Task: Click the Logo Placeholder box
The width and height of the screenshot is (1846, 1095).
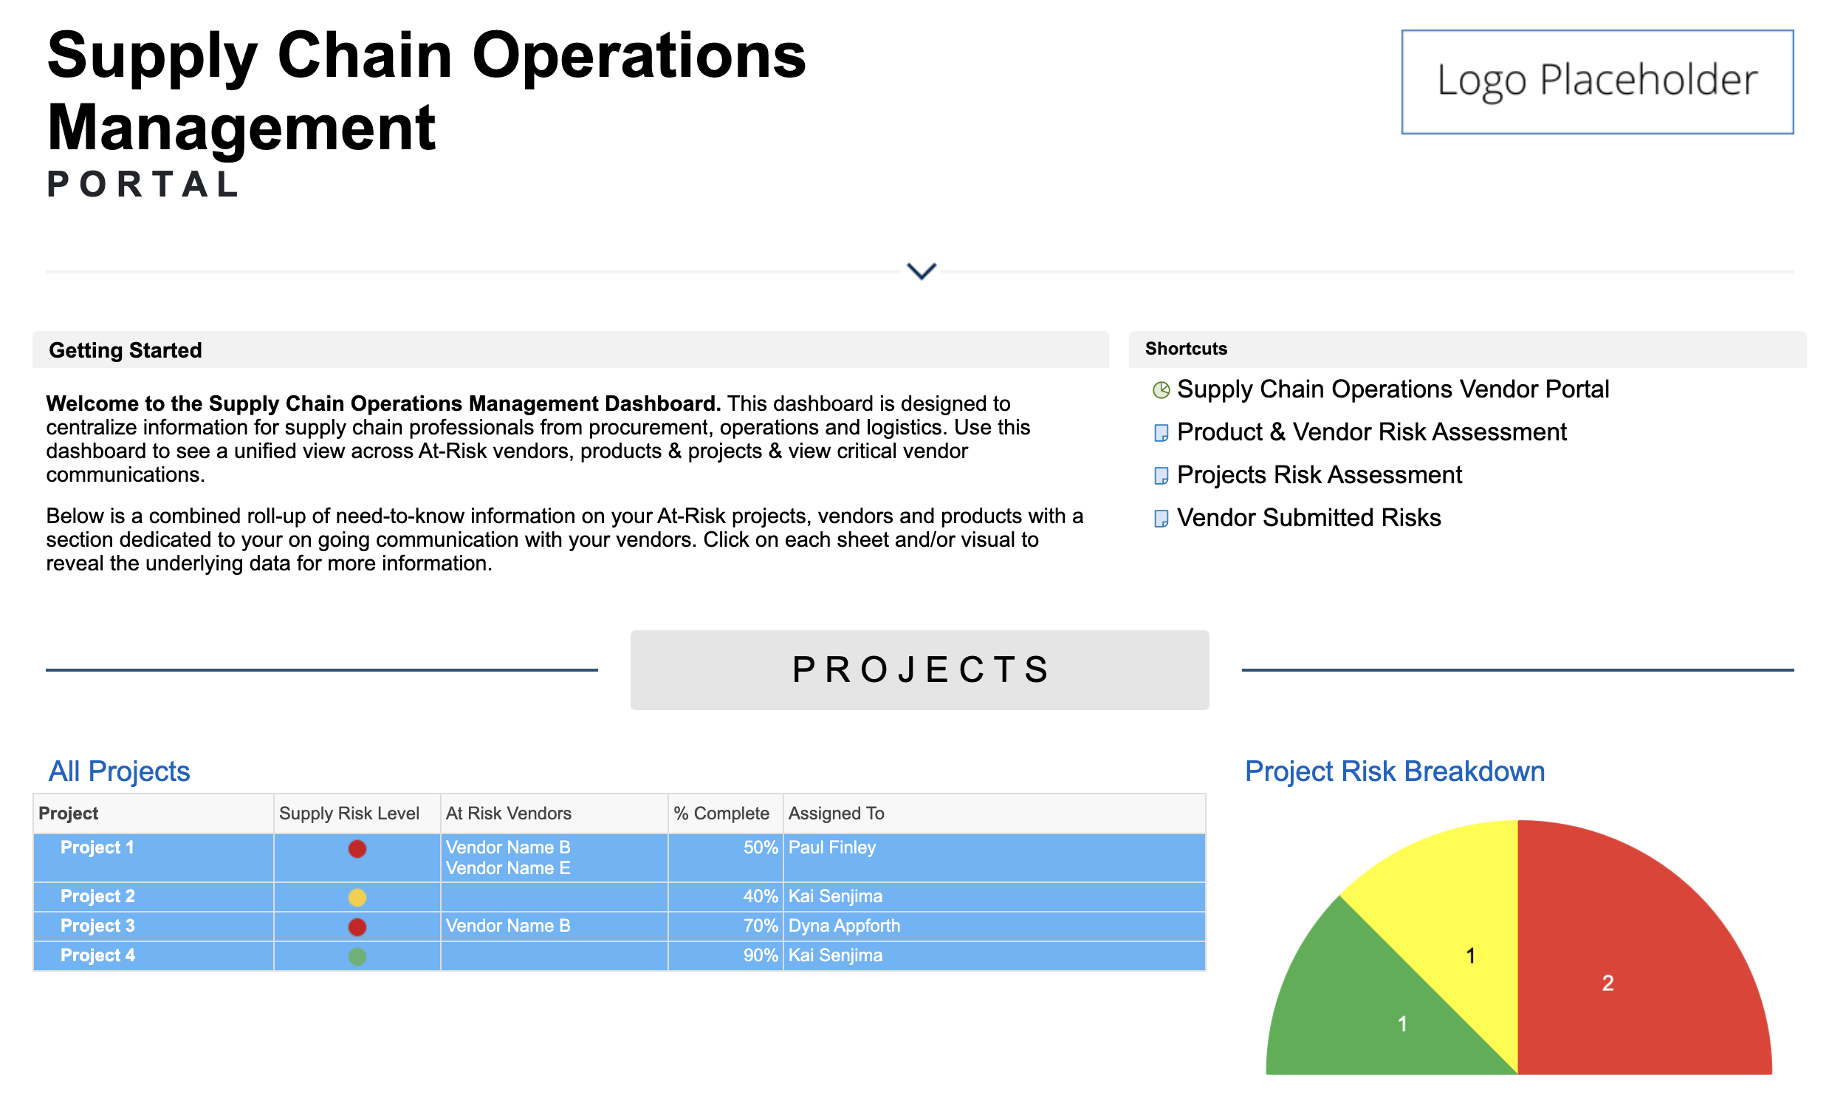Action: (1597, 81)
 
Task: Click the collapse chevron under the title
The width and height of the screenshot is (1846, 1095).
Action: (921, 271)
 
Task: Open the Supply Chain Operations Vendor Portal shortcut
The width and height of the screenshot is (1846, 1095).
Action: (1393, 389)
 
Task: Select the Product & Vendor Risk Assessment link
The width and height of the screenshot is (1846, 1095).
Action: (1371, 432)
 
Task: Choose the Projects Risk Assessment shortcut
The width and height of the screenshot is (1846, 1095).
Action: (1319, 475)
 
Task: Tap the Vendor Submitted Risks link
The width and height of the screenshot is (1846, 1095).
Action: (1308, 518)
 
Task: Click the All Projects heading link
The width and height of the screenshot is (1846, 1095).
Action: (120, 771)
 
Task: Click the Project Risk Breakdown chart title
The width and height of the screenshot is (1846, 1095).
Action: (1395, 771)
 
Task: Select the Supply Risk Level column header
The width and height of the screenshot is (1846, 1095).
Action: (349, 813)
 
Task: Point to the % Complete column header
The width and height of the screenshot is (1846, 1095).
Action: (721, 813)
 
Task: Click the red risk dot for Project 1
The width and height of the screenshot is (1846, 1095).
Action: (357, 849)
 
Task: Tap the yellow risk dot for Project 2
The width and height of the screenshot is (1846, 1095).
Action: (357, 898)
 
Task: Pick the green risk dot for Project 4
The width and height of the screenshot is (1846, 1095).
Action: (357, 957)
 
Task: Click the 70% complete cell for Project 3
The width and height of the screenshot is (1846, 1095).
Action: (761, 926)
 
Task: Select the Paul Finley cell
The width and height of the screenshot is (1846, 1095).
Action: (832, 847)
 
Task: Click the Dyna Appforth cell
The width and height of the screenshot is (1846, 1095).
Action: (845, 927)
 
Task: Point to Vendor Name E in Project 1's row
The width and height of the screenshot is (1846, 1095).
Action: (508, 868)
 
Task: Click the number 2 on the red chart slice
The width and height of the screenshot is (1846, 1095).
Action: (1607, 983)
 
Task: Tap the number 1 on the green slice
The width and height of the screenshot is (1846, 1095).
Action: (1402, 1024)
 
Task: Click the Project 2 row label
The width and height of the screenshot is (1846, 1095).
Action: (97, 896)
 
